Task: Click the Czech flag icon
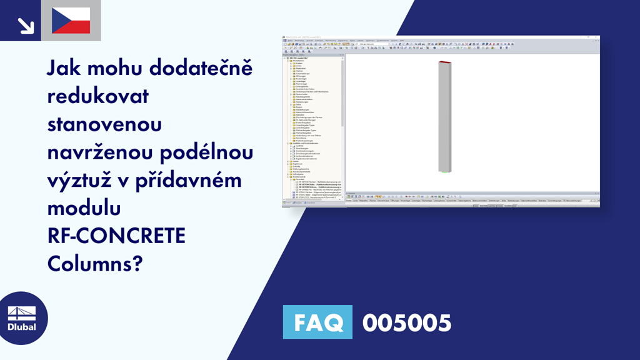click(x=71, y=21)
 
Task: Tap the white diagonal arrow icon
click(x=26, y=25)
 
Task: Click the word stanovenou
click(x=104, y=125)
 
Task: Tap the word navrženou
click(x=102, y=153)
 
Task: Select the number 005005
click(x=406, y=322)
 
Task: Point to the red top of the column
click(x=444, y=62)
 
